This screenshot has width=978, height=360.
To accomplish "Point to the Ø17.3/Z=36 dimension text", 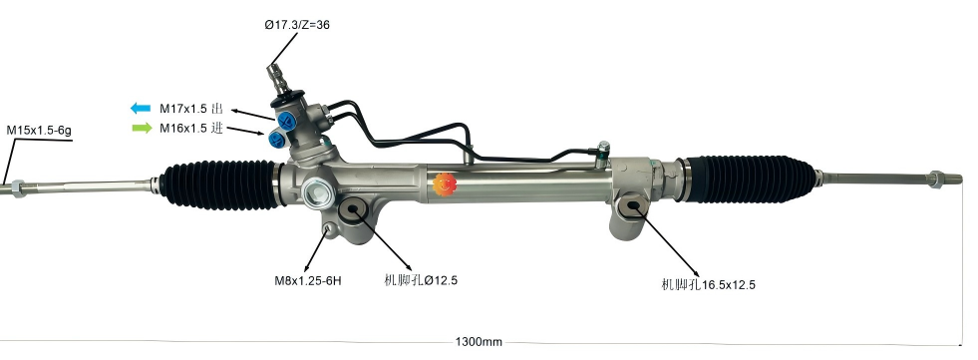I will click(x=296, y=25).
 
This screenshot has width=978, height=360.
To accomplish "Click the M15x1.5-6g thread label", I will click(x=38, y=130).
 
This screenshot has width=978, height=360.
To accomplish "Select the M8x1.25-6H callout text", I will click(x=308, y=280).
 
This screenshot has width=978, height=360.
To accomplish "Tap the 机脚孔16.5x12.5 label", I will click(x=708, y=285).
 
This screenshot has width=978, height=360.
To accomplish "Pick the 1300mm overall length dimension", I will click(x=479, y=341).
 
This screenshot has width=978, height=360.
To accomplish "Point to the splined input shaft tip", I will click(x=272, y=72).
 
